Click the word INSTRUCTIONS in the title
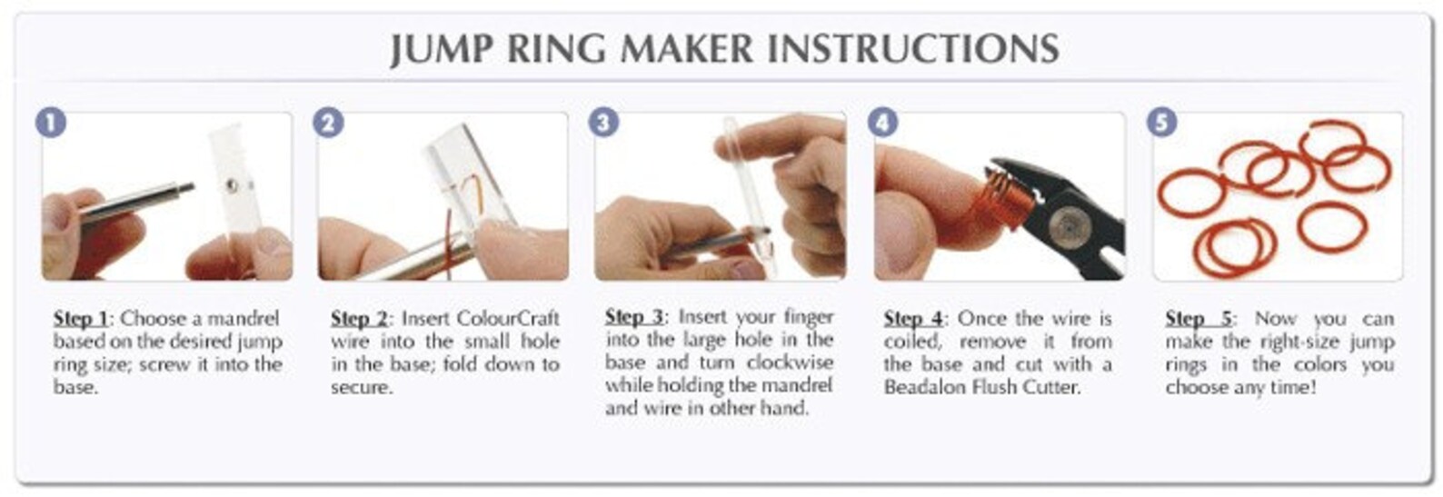pyautogui.click(x=913, y=48)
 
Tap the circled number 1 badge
pyautogui.click(x=52, y=123)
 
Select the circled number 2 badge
pyautogui.click(x=328, y=123)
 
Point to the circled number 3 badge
pyautogui.click(x=604, y=122)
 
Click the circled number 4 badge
pyautogui.click(x=883, y=122)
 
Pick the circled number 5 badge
pyautogui.click(x=1161, y=122)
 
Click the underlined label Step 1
pyautogui.click(x=80, y=319)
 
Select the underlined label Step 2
pyautogui.click(x=358, y=319)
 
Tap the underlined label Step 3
pyautogui.click(x=633, y=317)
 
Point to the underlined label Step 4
pyautogui.click(x=912, y=319)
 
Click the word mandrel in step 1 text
pyautogui.click(x=244, y=319)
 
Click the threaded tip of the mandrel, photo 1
pyautogui.click(x=186, y=187)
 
